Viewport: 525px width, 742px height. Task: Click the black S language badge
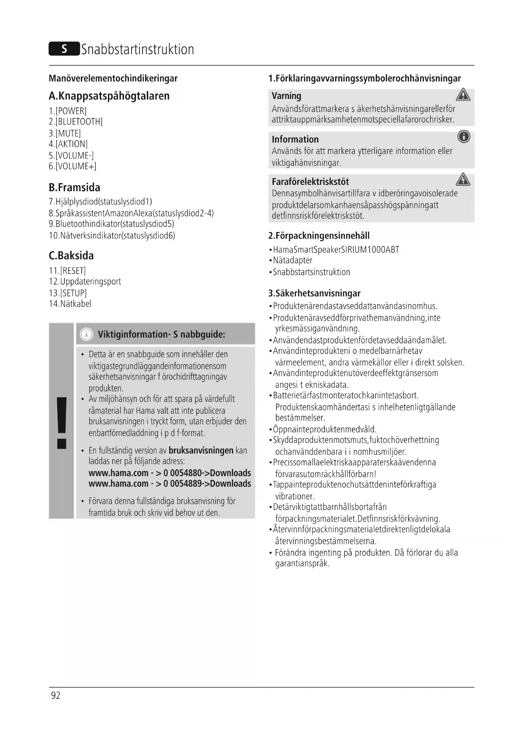point(64,49)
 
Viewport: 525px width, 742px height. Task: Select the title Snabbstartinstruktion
point(137,49)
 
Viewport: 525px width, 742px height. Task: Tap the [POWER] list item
point(68,111)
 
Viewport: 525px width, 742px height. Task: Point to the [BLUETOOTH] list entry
point(76,122)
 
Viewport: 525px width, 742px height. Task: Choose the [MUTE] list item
point(65,133)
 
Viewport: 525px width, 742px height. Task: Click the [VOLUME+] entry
point(72,166)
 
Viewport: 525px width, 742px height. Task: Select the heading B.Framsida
point(74,187)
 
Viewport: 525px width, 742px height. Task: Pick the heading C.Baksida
point(71,256)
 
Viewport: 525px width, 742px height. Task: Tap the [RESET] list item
point(67,271)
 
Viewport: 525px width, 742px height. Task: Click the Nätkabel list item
point(70,304)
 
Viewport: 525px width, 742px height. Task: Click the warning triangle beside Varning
point(463,95)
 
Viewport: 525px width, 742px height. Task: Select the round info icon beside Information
point(464,137)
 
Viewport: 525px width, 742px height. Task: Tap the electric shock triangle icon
point(463,180)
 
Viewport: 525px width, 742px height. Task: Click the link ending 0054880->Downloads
point(170,473)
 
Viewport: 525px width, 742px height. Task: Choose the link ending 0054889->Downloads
point(170,484)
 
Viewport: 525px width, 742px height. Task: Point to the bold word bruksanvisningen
point(201,451)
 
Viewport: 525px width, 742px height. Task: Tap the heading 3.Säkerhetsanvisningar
point(314,293)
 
